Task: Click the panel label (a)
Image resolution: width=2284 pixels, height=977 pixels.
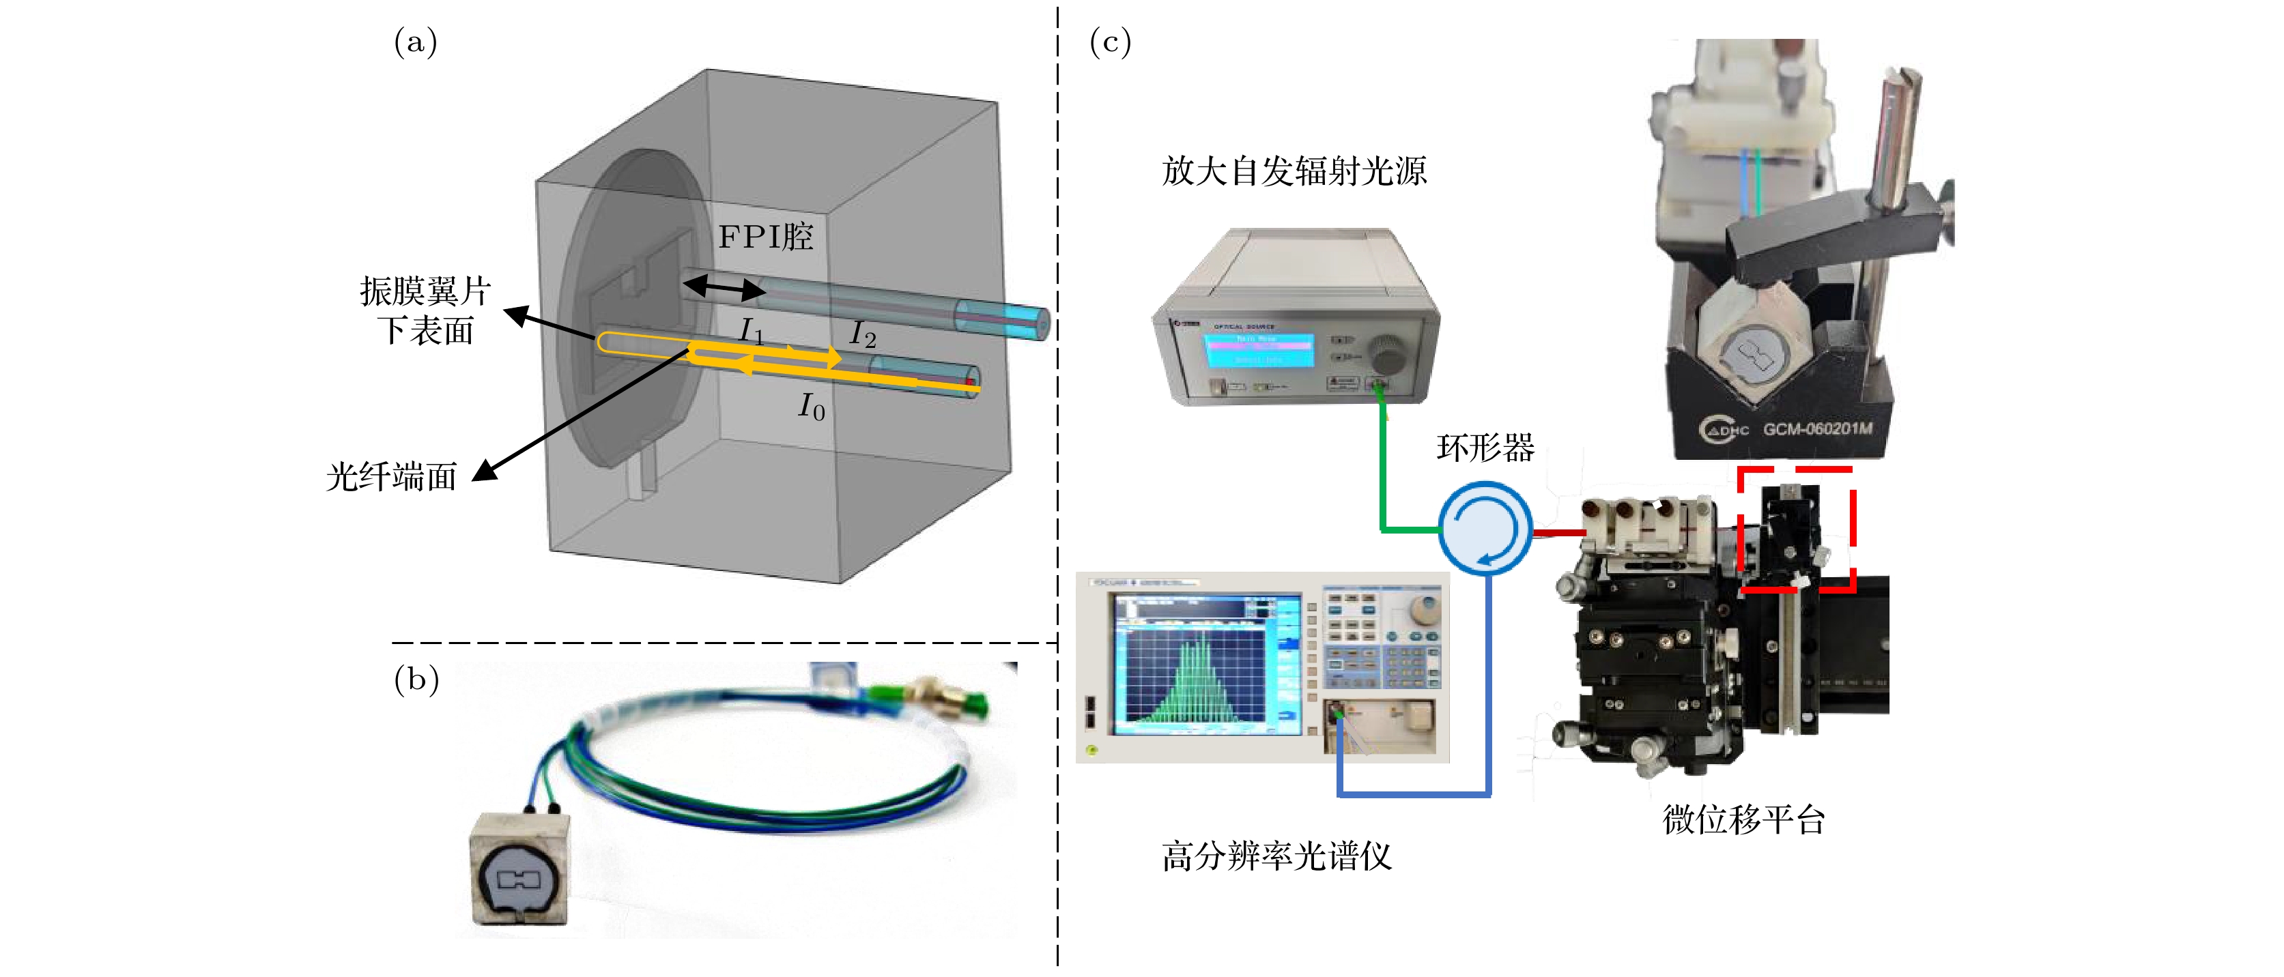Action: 415,42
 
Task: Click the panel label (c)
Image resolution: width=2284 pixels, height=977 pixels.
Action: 1109,42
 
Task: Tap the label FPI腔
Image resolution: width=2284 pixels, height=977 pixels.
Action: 765,237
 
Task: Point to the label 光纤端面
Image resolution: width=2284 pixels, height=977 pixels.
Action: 391,477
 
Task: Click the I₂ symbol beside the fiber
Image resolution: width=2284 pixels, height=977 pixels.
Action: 862,334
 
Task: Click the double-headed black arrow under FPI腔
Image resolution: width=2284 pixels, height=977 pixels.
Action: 724,287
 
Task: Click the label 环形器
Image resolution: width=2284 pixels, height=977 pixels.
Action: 1485,448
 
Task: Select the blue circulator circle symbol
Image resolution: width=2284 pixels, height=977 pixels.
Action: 1484,527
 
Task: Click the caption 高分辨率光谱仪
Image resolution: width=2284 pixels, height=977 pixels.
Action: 1276,856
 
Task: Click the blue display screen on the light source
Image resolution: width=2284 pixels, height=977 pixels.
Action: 1258,350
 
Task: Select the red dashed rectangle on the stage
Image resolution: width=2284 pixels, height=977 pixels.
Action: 1795,529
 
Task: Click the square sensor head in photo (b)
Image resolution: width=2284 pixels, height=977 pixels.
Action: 519,869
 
